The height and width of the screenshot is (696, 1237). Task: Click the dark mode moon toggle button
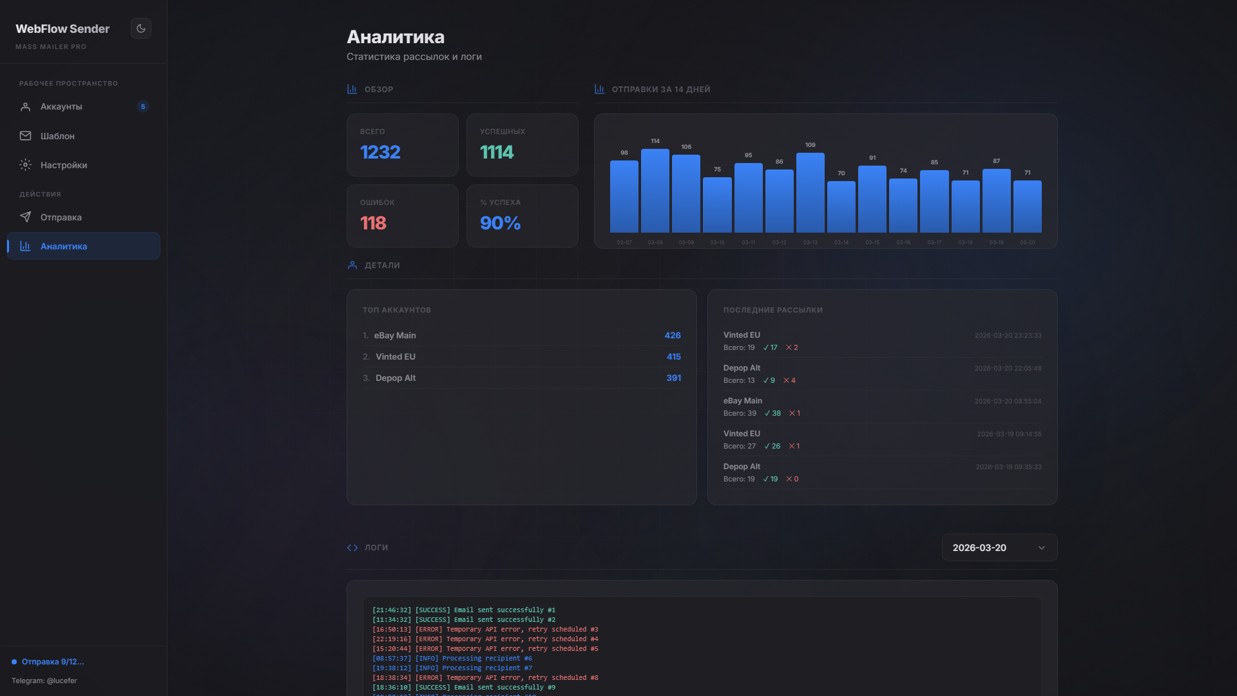141,28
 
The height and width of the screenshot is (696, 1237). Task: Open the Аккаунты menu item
61,107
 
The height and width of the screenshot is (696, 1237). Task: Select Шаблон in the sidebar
57,136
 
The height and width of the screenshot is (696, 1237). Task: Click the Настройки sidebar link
63,166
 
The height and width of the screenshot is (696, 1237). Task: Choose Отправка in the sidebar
61,218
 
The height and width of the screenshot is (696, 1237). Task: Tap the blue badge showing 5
143,107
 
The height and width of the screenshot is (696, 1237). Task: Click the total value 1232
380,152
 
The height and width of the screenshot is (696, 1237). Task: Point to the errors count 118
373,223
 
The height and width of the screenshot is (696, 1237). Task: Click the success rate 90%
500,223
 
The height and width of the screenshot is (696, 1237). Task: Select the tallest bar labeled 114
655,191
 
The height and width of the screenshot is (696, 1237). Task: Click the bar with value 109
810,193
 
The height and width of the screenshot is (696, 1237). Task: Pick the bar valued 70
841,207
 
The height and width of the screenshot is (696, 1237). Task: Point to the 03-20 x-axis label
1027,243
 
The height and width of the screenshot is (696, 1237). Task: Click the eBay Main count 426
673,336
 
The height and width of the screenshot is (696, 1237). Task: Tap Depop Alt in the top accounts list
395,378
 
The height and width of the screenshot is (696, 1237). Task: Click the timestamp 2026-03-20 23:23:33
1008,336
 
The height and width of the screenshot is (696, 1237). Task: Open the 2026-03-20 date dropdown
999,548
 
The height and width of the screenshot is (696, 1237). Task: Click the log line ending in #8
485,678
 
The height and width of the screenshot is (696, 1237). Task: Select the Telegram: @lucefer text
44,681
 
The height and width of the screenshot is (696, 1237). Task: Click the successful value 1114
497,152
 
